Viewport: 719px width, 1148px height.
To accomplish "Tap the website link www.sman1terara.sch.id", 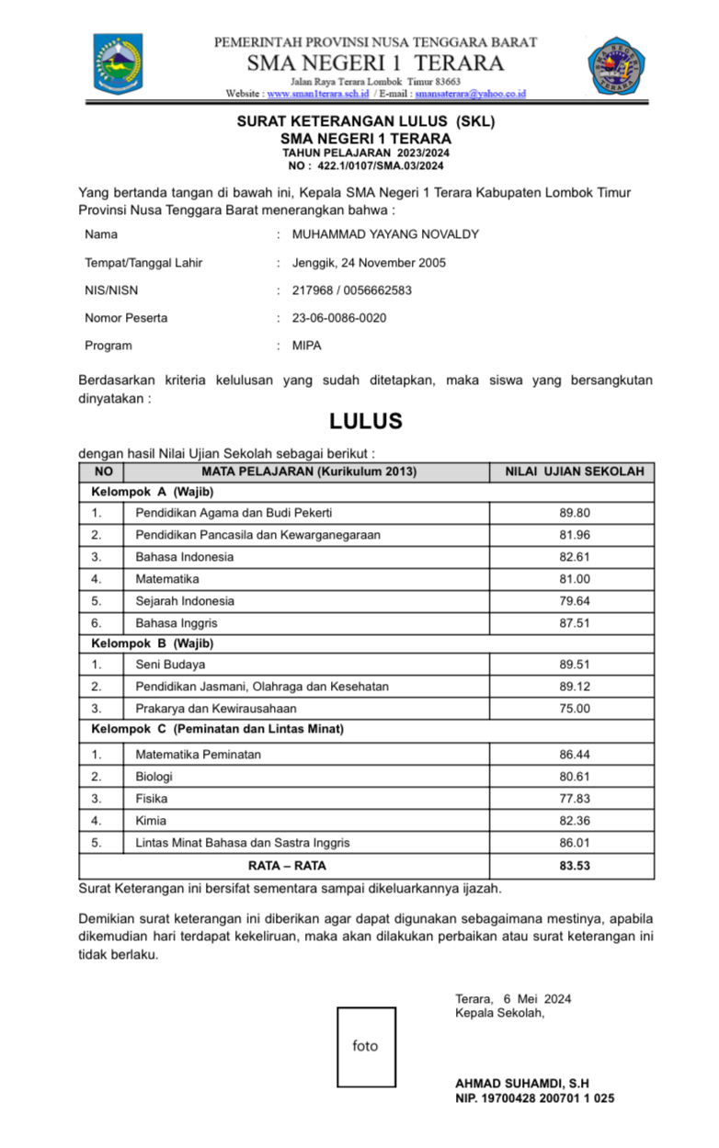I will (x=318, y=94).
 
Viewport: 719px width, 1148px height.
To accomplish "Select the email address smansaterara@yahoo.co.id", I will (x=470, y=94).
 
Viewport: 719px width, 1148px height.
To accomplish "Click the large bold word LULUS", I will (x=366, y=422).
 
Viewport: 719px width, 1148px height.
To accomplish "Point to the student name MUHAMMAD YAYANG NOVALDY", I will (x=385, y=234).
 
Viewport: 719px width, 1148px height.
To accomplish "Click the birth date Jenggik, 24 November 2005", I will (x=369, y=263).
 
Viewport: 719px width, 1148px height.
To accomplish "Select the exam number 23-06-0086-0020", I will (x=339, y=318).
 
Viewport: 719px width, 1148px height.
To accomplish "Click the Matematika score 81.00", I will (x=575, y=579).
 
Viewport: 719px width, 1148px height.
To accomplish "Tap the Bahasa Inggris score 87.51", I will (x=575, y=623).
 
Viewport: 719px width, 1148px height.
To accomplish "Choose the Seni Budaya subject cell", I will (x=171, y=665).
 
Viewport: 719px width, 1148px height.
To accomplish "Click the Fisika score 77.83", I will (x=575, y=799).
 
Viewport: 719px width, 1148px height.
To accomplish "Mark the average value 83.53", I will (x=575, y=866).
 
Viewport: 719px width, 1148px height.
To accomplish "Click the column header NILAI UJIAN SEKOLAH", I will (x=575, y=472).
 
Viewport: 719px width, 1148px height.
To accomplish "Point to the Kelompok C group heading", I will (x=217, y=730).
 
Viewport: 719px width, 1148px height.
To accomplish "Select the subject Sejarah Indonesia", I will (x=185, y=601).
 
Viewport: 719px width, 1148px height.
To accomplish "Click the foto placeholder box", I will (x=365, y=1046).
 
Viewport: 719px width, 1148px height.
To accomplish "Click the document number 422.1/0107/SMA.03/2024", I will (x=381, y=166).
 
